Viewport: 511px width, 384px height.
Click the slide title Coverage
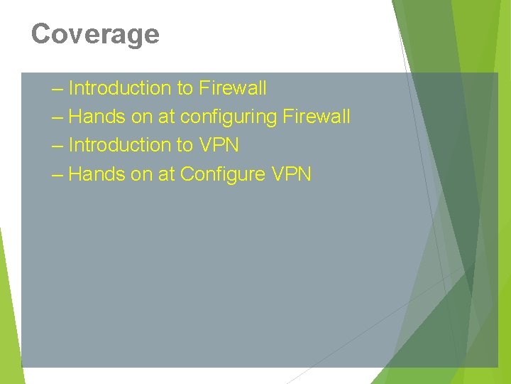pos(95,33)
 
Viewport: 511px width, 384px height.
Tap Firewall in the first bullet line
pos(233,88)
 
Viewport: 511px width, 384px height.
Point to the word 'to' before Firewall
pos(185,88)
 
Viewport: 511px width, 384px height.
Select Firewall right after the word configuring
pos(317,117)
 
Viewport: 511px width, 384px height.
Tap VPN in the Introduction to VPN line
pos(219,145)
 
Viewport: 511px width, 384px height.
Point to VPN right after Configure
pos(291,174)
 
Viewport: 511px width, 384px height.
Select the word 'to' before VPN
pos(185,145)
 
